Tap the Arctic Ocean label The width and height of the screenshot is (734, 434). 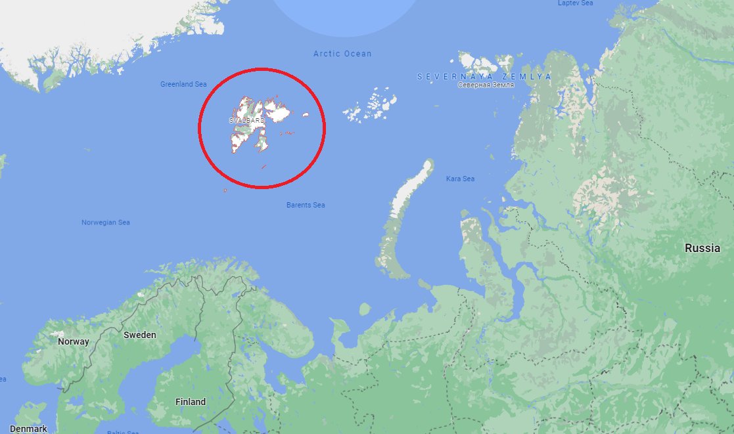click(x=342, y=54)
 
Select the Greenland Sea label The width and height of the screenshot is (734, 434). click(x=183, y=84)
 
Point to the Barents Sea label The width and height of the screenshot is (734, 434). click(x=306, y=206)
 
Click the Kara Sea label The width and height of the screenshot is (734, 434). click(x=460, y=179)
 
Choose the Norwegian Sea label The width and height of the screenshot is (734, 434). click(x=105, y=223)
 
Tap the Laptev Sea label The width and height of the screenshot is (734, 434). click(x=575, y=3)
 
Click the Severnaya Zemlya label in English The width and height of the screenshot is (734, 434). click(x=484, y=77)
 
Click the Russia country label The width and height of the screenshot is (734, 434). click(x=702, y=248)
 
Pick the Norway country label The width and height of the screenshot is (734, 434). click(x=73, y=341)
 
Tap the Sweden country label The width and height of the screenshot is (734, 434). click(x=140, y=335)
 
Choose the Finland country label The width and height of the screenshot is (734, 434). click(x=191, y=402)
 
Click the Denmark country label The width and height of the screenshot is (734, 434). click(x=28, y=429)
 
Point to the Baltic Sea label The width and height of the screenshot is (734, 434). click(x=123, y=432)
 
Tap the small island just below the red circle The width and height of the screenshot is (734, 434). click(x=225, y=191)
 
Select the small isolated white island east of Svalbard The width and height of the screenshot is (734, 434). click(x=306, y=115)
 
